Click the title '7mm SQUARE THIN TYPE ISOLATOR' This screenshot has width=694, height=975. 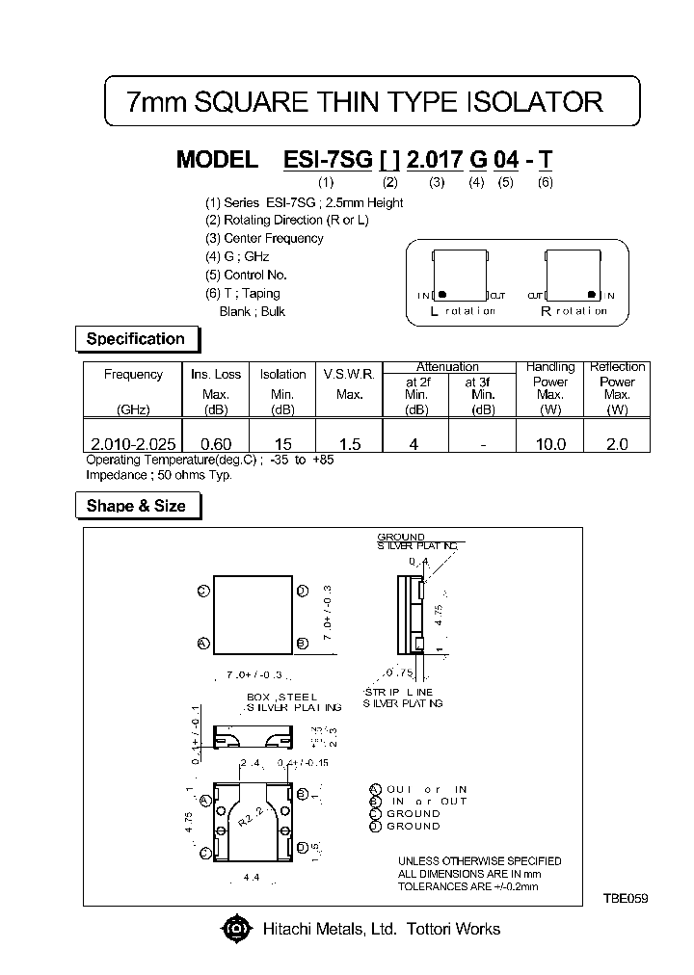tap(365, 102)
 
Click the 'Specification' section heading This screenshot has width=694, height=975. tap(135, 339)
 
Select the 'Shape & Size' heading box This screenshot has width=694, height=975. tap(136, 506)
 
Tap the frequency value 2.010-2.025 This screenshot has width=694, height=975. tap(133, 444)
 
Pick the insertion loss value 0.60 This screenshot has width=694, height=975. tap(215, 444)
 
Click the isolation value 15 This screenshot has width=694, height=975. tap(282, 444)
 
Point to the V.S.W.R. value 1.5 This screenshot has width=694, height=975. tap(350, 444)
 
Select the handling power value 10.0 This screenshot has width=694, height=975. tap(550, 444)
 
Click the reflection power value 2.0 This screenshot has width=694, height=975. tap(617, 444)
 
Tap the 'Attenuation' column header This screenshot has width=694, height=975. tap(447, 367)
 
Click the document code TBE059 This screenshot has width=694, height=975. tap(626, 898)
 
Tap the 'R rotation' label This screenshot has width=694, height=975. tap(574, 311)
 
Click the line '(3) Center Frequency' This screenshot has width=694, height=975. tap(264, 238)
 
